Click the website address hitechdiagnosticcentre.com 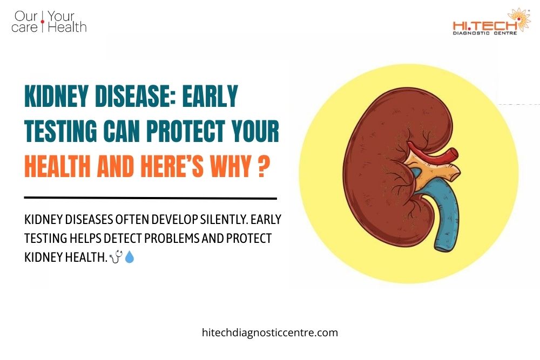point(269,332)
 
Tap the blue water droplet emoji point(130,258)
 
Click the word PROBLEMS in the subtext point(155,239)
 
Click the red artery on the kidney point(432,153)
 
